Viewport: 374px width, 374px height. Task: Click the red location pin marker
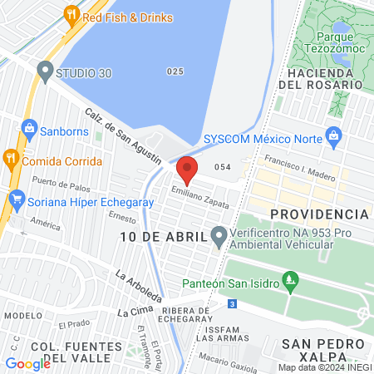tap(187, 169)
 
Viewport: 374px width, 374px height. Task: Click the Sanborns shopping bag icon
tap(29, 129)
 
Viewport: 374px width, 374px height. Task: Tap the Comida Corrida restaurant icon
tap(11, 160)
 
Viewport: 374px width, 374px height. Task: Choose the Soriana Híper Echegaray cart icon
tap(16, 199)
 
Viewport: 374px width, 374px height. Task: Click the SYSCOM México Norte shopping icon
tap(334, 135)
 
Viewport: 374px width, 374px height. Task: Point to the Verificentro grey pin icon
tap(219, 238)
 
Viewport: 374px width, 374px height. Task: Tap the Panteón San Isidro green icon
tap(290, 279)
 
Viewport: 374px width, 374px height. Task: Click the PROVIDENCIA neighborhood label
tap(318, 214)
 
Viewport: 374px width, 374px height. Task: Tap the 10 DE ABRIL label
tap(162, 238)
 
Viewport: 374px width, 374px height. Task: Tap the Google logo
tap(28, 364)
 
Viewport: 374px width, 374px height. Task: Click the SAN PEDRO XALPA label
tap(322, 350)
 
